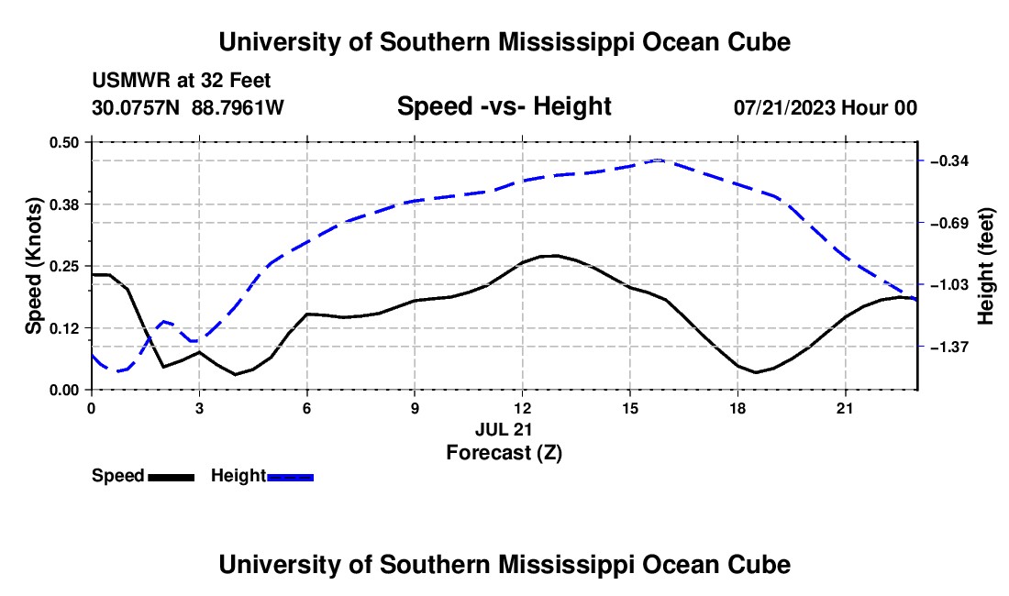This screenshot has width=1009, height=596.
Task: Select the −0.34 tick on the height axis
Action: coord(949,160)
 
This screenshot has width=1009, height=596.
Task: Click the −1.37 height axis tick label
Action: coord(949,348)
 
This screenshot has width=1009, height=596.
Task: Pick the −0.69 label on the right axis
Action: coord(949,223)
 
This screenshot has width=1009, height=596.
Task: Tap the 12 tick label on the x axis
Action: coord(523,408)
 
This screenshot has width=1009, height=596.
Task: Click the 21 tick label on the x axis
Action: coord(844,408)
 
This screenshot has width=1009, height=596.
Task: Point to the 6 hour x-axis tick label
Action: coord(307,408)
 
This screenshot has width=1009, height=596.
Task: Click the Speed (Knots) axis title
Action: coord(33,266)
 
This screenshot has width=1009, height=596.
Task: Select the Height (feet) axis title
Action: coord(985,266)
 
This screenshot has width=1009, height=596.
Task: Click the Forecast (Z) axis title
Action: coord(504,453)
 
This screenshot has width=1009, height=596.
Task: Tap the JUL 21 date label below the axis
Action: coord(504,429)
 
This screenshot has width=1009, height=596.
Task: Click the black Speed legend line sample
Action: coord(172,478)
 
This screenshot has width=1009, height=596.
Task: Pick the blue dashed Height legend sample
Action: coord(290,478)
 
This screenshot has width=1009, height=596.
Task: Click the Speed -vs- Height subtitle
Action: coord(504,106)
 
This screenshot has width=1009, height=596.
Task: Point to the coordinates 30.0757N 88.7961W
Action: coord(188,107)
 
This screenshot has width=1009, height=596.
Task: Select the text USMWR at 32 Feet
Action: coord(182,81)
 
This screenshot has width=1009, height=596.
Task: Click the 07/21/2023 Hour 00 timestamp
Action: coord(826,107)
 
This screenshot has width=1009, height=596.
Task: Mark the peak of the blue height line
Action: coord(658,160)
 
